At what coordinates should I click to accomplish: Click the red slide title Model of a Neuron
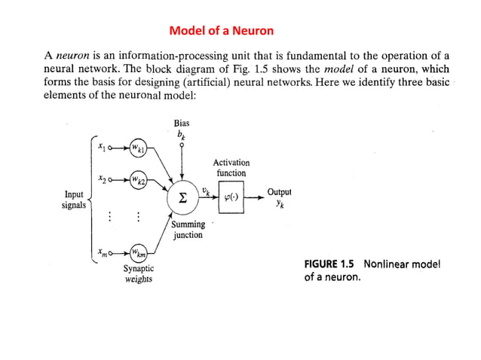point(221,31)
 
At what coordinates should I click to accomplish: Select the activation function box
point(231,197)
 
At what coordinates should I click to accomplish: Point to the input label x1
point(102,147)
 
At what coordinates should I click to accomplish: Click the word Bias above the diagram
point(181,123)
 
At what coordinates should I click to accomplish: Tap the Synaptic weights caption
point(138,273)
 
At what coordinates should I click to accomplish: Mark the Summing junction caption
point(188,230)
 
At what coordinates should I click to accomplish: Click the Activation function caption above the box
point(231,167)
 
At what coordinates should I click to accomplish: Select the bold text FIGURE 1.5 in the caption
point(331,264)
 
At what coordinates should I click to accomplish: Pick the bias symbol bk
point(181,134)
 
